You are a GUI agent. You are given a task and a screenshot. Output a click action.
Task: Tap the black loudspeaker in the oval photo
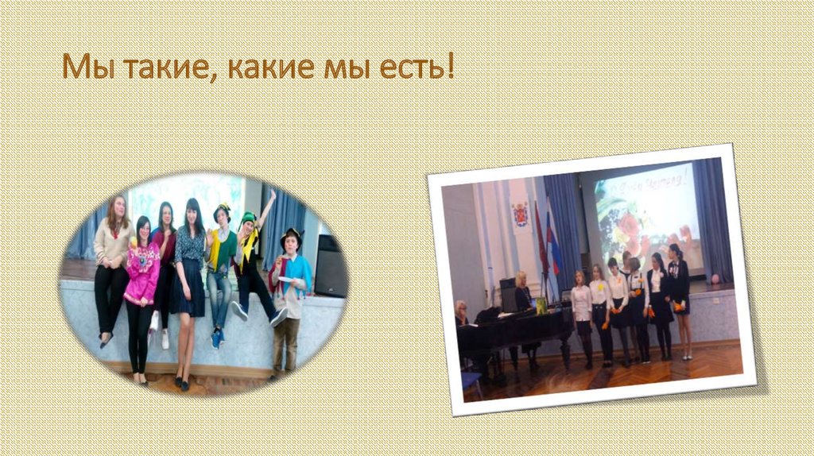click(x=330, y=266)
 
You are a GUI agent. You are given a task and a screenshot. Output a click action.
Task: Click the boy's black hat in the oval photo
click(x=290, y=235)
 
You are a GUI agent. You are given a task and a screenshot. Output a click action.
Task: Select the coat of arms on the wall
click(x=521, y=214)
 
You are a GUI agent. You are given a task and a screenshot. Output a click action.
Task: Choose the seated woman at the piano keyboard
click(x=461, y=314)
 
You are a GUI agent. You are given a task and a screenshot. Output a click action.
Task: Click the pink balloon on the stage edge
click(x=714, y=279)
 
